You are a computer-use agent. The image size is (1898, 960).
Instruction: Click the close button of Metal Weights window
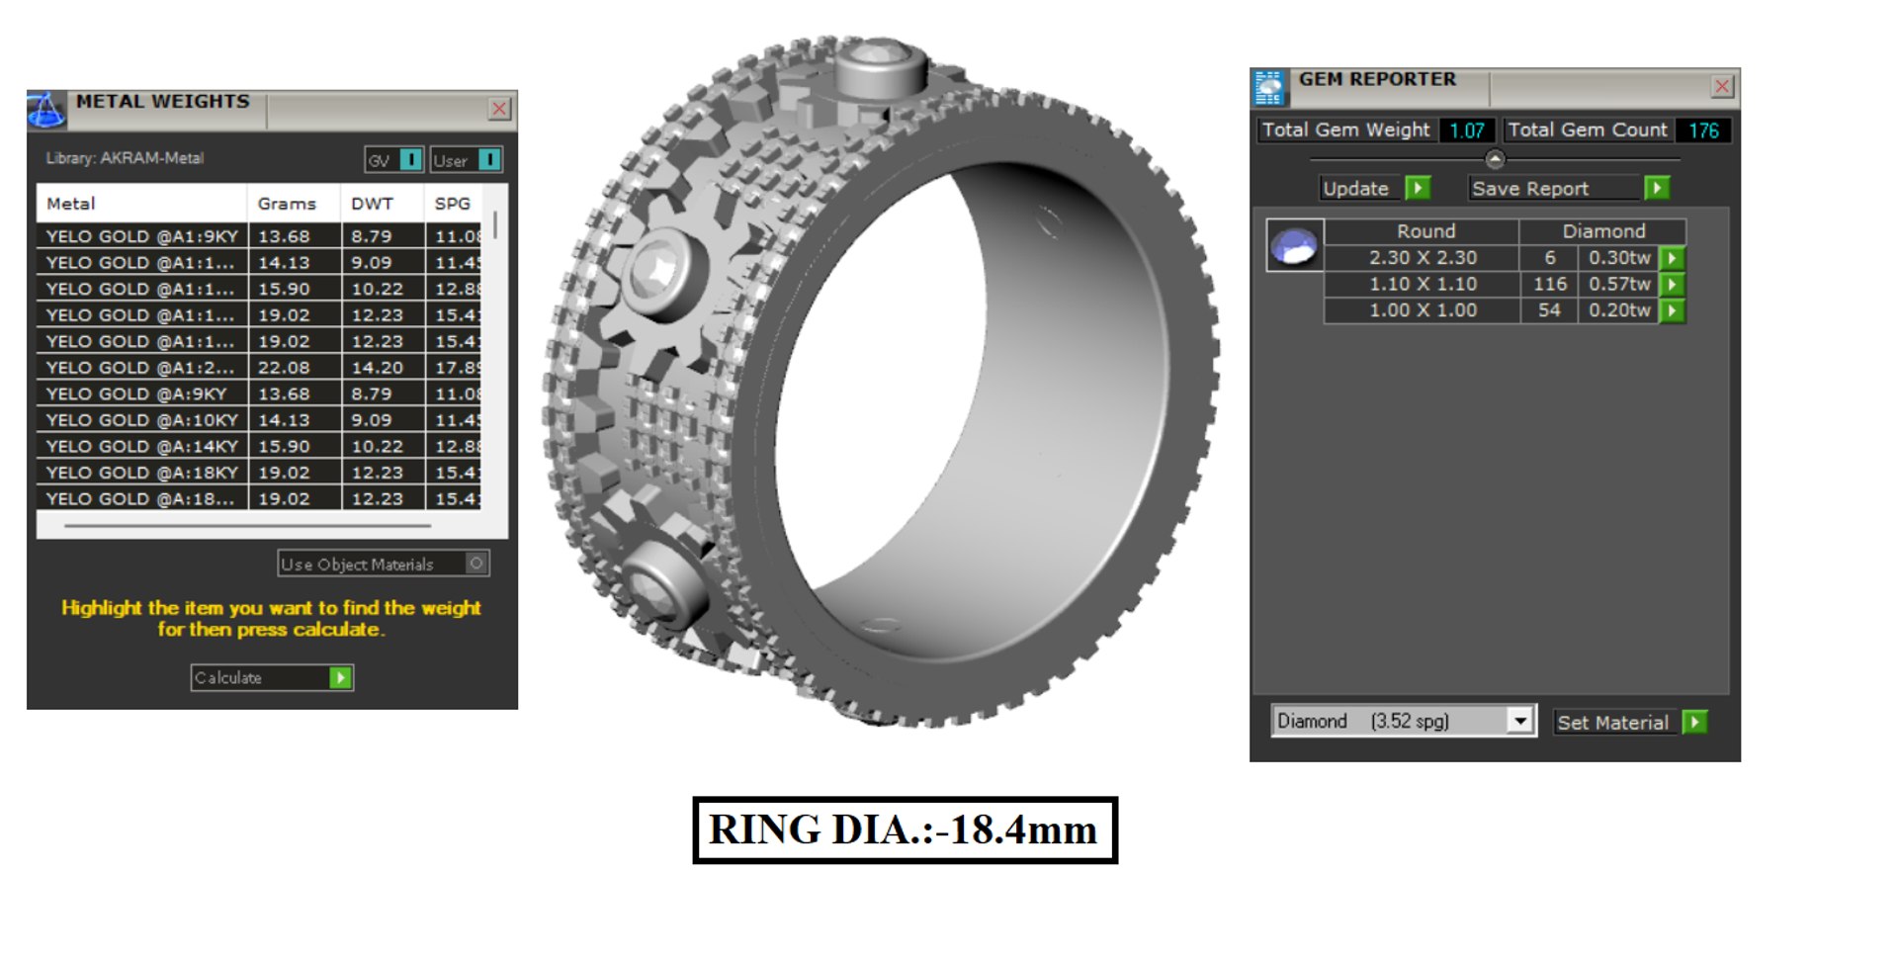pos(499,109)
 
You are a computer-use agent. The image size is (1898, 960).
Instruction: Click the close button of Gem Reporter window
pos(1722,87)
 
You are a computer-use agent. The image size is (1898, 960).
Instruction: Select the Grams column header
pos(287,204)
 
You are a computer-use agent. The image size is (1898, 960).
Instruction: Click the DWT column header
pos(372,204)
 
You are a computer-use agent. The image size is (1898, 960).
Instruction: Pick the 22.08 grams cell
pos(284,368)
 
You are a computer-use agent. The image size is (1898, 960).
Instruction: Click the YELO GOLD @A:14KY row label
pos(142,447)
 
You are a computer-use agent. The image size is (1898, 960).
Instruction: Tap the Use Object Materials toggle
pos(476,564)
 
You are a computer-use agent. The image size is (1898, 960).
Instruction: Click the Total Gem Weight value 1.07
pos(1466,131)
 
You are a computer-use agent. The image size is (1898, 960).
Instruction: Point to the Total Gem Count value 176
pos(1702,131)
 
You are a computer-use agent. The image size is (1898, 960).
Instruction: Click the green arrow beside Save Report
pos(1657,188)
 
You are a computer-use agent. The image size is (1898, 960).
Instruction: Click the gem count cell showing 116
pos(1549,285)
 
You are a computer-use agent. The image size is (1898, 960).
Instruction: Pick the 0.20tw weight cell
pos(1618,310)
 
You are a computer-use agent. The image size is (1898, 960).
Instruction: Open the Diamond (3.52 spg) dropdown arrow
pos(1520,721)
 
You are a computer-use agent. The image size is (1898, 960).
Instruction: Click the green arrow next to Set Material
pos(1694,723)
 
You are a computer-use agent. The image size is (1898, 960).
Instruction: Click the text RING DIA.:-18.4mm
pos(904,830)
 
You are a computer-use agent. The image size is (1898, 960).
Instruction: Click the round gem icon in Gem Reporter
pos(1294,245)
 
